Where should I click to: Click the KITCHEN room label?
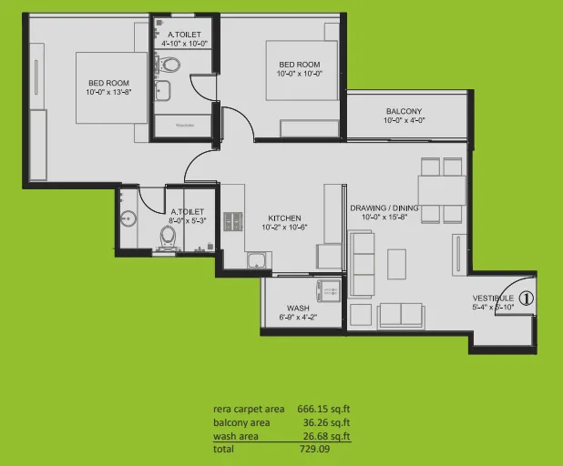click(284, 218)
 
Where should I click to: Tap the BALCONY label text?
click(403, 111)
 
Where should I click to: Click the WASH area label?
click(298, 308)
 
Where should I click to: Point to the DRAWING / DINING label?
click(384, 208)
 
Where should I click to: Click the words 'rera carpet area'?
click(242, 409)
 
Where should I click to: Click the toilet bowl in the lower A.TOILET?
click(168, 237)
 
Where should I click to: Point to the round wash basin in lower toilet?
click(128, 218)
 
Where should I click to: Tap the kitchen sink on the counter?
click(257, 262)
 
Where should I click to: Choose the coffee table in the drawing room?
click(396, 264)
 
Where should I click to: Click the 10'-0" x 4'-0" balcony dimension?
click(403, 121)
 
